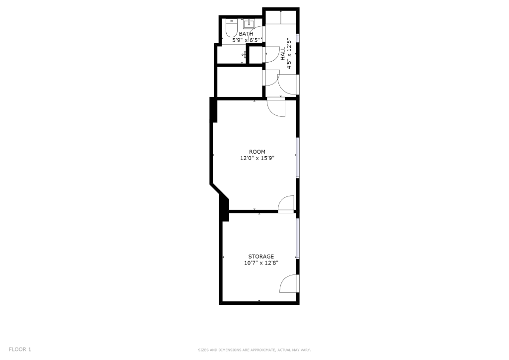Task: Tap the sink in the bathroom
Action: point(249,24)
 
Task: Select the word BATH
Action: point(246,34)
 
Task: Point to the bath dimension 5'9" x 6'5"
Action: point(246,40)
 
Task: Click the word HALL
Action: point(283,54)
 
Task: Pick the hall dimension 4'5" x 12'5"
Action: point(289,54)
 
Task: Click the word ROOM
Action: point(257,152)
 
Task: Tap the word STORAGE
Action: point(261,257)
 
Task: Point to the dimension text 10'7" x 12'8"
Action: point(261,263)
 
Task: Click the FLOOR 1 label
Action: point(20,349)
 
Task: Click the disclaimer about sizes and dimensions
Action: point(254,350)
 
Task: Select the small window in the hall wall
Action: point(297,37)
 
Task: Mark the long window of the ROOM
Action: point(297,158)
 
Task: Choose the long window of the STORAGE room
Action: point(297,239)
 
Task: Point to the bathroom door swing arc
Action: point(254,32)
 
